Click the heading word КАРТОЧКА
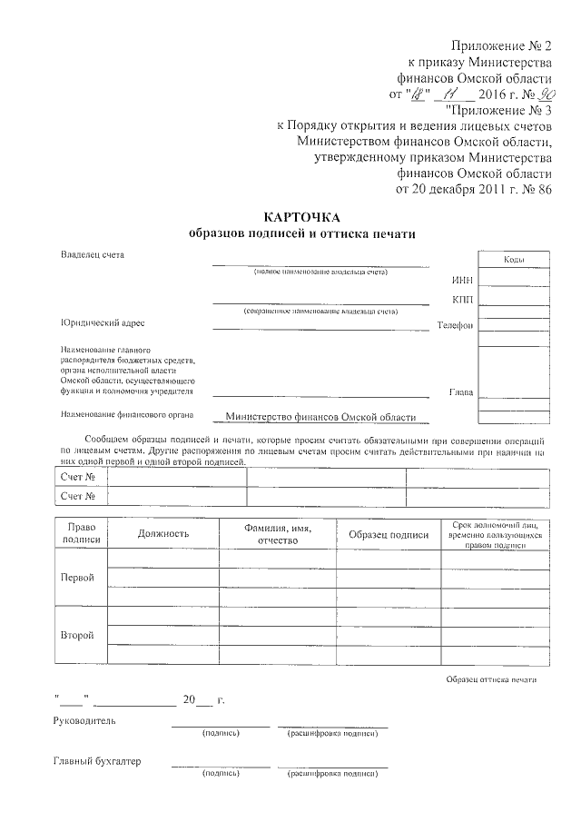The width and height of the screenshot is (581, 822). click(301, 217)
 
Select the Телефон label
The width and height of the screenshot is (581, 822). click(455, 325)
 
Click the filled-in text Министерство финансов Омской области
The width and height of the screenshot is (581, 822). click(320, 418)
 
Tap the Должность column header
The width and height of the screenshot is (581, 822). click(163, 535)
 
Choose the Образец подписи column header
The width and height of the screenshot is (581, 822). click(389, 535)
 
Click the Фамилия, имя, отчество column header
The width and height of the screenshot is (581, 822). click(278, 534)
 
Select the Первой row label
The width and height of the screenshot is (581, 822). click(77, 578)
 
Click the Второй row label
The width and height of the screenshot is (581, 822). click(77, 635)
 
